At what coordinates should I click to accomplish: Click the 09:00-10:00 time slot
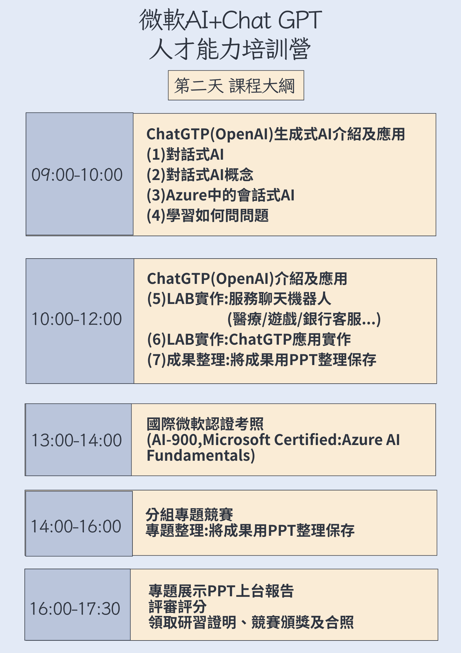click(x=77, y=175)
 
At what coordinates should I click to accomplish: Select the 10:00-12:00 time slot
click(x=77, y=319)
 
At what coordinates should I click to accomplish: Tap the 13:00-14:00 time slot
click(x=77, y=440)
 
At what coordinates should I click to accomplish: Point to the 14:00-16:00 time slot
click(x=76, y=526)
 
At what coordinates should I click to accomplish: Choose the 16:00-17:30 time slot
click(x=75, y=608)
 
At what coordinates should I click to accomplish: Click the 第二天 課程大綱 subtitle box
click(x=236, y=85)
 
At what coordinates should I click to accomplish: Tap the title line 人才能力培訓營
click(x=230, y=49)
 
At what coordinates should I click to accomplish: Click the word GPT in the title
click(x=300, y=20)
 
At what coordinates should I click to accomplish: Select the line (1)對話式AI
click(x=185, y=154)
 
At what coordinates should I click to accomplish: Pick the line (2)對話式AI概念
click(x=200, y=175)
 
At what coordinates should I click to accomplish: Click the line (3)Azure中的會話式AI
click(x=221, y=195)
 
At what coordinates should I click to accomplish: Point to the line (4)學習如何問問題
click(x=208, y=215)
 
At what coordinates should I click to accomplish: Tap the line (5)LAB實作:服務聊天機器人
click(x=239, y=299)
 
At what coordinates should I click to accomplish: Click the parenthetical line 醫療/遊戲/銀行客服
click(x=304, y=319)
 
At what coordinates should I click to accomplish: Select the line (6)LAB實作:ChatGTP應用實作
click(x=249, y=339)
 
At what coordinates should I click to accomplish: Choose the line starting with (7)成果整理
click(x=262, y=360)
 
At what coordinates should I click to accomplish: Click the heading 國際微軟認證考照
click(x=205, y=424)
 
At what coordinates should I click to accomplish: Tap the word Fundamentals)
click(x=201, y=456)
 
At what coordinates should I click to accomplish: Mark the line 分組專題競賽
click(x=189, y=515)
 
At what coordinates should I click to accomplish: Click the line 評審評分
click(x=177, y=607)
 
